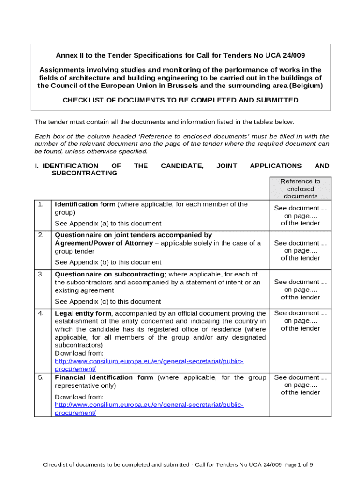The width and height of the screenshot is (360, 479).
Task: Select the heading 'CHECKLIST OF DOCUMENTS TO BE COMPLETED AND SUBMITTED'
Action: pyautogui.click(x=180, y=100)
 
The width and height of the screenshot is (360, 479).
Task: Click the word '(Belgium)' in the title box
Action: pyautogui.click(x=306, y=86)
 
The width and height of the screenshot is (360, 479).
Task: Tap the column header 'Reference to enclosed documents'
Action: pyautogui.click(x=300, y=189)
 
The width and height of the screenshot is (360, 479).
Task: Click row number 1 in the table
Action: pyautogui.click(x=41, y=204)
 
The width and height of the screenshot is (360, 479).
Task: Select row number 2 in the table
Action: pyautogui.click(x=41, y=235)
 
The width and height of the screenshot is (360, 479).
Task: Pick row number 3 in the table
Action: pyautogui.click(x=41, y=274)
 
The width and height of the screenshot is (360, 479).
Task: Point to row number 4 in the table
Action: pyautogui.click(x=41, y=313)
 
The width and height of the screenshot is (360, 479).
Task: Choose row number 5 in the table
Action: pyautogui.click(x=41, y=377)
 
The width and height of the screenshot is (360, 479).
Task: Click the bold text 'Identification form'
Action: pyautogui.click(x=85, y=204)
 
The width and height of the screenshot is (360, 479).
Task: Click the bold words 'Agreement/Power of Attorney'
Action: pyautogui.click(x=104, y=243)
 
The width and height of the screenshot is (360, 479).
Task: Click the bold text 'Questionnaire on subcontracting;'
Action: pyautogui.click(x=111, y=274)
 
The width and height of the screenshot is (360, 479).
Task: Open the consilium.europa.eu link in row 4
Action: pyautogui.click(x=149, y=362)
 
